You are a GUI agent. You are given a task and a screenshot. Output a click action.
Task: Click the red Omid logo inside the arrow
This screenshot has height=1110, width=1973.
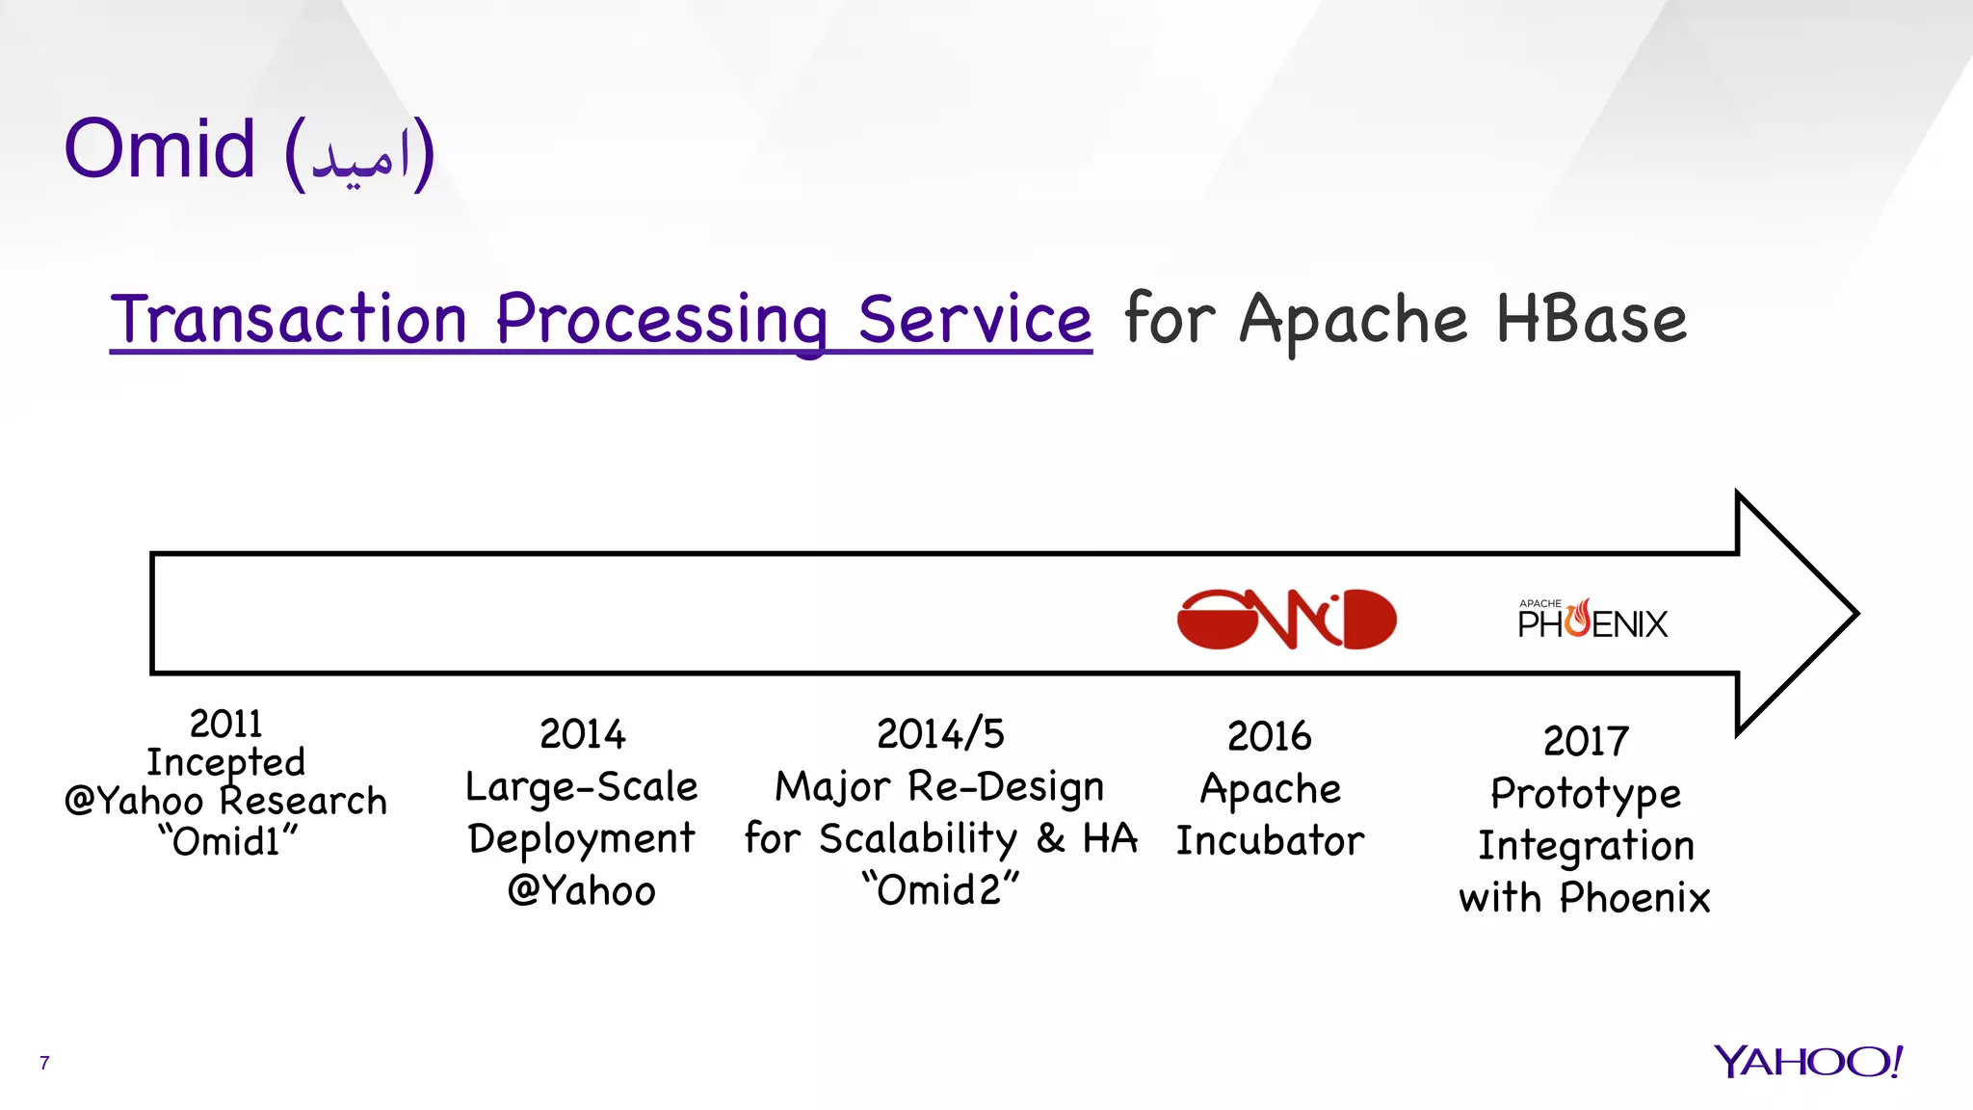[x=1286, y=619]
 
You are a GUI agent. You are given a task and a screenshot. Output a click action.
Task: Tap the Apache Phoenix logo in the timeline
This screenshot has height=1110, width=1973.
[x=1592, y=620]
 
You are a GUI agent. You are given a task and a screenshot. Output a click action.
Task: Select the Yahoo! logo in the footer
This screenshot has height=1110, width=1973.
[x=1808, y=1062]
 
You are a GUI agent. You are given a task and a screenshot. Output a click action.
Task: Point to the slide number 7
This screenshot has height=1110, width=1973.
[x=44, y=1063]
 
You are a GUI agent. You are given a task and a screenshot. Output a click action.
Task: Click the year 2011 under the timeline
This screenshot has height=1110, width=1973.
[x=225, y=724]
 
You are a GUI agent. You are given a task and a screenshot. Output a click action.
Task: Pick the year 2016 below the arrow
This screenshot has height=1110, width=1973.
[x=1269, y=737]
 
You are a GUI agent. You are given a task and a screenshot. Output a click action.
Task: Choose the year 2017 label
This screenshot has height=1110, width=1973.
[x=1586, y=741]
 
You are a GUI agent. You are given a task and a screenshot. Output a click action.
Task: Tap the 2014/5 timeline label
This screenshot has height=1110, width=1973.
[x=940, y=734]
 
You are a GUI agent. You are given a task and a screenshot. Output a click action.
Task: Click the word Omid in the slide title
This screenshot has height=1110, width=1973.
[x=160, y=149]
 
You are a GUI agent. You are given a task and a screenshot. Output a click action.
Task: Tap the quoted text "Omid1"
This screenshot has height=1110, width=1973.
[x=227, y=841]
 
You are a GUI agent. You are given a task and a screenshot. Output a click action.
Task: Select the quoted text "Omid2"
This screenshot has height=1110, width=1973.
[x=940, y=889]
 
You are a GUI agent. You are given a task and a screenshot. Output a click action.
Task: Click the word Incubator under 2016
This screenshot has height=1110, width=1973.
[x=1270, y=840]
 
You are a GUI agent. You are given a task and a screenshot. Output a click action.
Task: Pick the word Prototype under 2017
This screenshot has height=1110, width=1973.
[x=1586, y=794]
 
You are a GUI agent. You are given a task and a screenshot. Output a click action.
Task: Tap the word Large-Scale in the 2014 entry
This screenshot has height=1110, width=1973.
[x=581, y=787]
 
